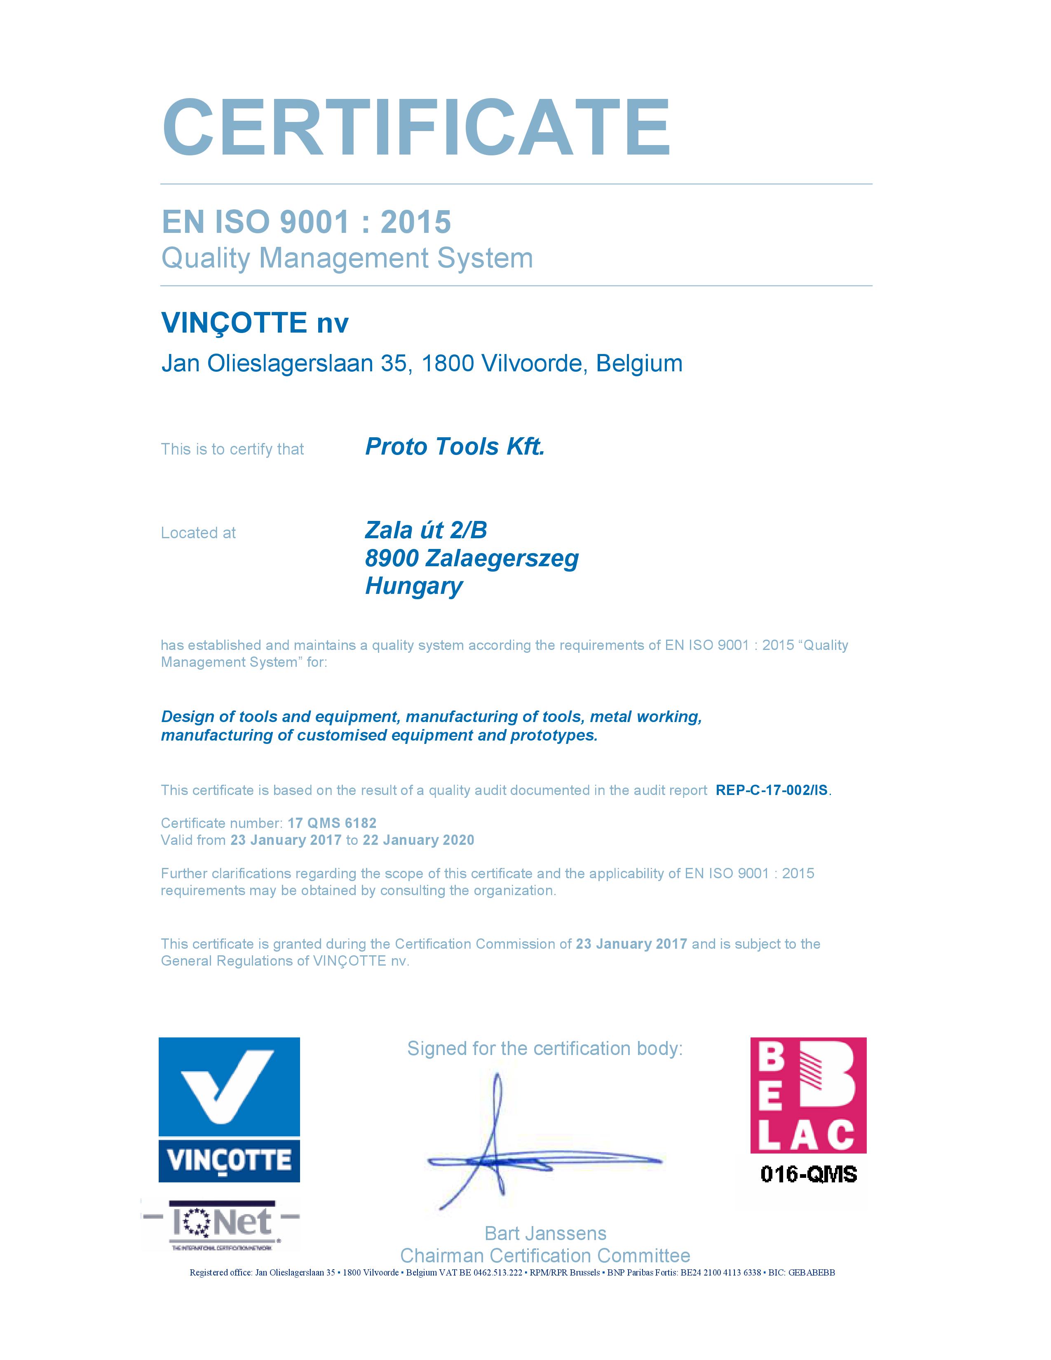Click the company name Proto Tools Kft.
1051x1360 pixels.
(x=455, y=446)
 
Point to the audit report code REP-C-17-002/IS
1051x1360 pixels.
(x=772, y=790)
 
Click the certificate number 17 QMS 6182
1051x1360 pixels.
(x=332, y=823)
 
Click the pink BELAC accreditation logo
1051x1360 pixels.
(x=807, y=1094)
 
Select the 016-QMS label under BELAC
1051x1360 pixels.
(x=808, y=1175)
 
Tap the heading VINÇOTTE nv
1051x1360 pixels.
(x=255, y=323)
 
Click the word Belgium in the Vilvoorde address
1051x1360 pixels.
(x=639, y=363)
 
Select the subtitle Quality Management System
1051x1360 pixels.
(x=347, y=258)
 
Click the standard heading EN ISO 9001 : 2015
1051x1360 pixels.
(x=306, y=222)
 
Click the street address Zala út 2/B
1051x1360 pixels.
(x=426, y=530)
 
